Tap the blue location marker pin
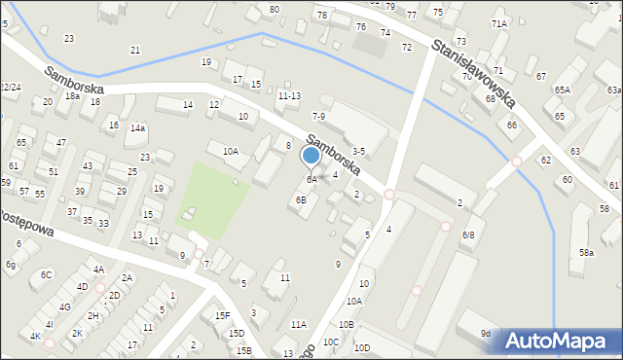tap(311, 156)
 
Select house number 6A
tap(311, 180)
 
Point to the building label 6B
tap(302, 199)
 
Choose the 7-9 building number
tap(317, 117)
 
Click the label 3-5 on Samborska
tap(358, 151)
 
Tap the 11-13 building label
tap(289, 95)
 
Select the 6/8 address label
tap(468, 234)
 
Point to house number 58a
tap(586, 252)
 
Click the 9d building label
tap(485, 334)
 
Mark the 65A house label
tap(563, 90)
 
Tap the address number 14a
tap(138, 127)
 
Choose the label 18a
tap(72, 95)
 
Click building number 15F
tap(222, 315)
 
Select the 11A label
tap(298, 324)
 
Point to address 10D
tap(362, 347)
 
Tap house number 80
tap(275, 9)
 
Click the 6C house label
tap(47, 274)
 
